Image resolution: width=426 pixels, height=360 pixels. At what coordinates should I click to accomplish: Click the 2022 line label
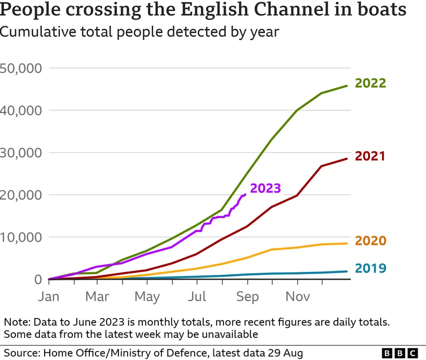pos(370,83)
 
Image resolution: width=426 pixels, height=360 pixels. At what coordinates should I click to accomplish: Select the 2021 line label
pos(370,156)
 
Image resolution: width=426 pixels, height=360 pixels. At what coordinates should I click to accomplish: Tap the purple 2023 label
pos(265,188)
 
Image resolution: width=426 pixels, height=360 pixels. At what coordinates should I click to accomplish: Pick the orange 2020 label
pos(370,241)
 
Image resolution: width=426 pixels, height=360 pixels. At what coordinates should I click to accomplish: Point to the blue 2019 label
pos(370,268)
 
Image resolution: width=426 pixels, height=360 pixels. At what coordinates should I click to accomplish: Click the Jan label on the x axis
pos(48,297)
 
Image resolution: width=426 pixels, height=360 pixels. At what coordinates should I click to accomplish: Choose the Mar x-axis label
pos(97,297)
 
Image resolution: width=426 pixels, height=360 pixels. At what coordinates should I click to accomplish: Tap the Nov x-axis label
pos(297,297)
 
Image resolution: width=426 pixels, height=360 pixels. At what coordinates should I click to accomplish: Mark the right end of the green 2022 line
pos(347,86)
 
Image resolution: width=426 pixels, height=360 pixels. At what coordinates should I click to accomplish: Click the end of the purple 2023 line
pos(246,194)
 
